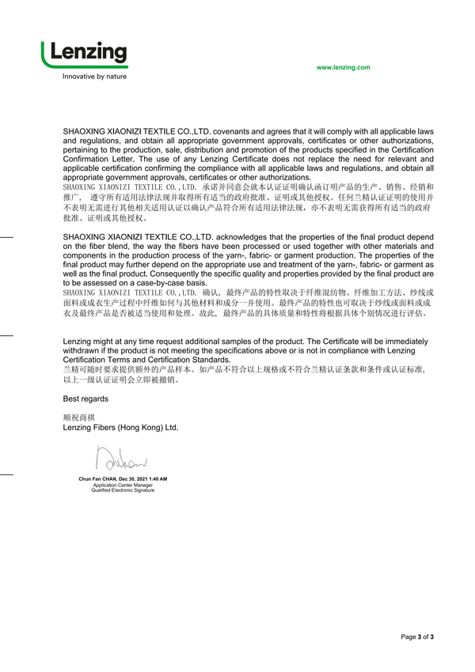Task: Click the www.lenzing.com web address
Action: pyautogui.click(x=343, y=68)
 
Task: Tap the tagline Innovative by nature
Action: pyautogui.click(x=94, y=77)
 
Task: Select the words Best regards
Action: pyautogui.click(x=85, y=398)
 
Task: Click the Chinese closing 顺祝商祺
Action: pyautogui.click(x=78, y=417)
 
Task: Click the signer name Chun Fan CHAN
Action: pyautogui.click(x=101, y=479)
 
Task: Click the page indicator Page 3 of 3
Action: pyautogui.click(x=417, y=636)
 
